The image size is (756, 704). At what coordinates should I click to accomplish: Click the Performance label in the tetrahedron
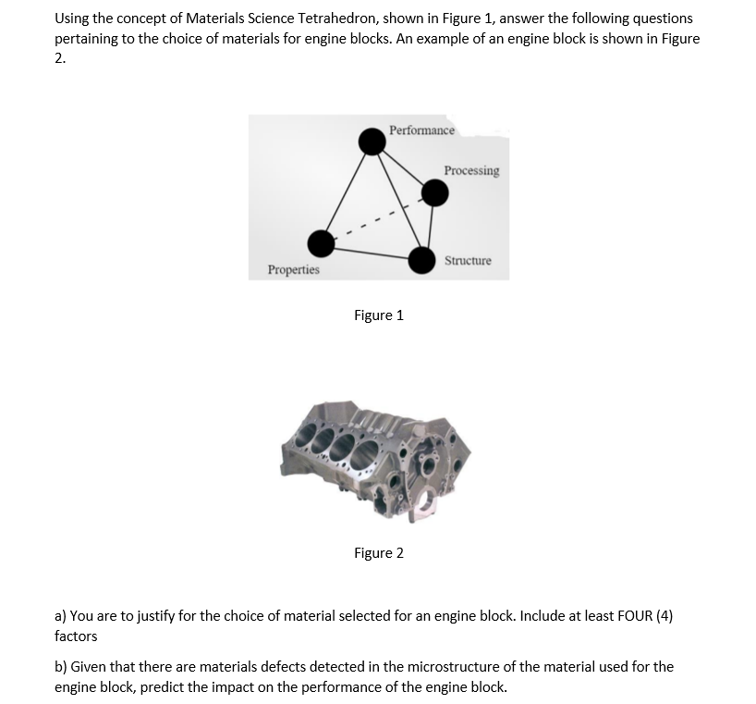(x=421, y=130)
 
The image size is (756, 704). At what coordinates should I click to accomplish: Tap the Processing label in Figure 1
(x=471, y=171)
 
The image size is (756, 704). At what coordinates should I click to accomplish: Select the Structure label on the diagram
(x=468, y=261)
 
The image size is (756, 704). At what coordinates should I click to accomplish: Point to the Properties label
(x=293, y=270)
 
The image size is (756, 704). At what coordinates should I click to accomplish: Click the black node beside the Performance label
(x=372, y=142)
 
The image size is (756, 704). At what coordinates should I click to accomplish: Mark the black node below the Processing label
(x=434, y=191)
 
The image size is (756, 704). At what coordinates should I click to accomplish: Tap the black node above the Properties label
(x=322, y=243)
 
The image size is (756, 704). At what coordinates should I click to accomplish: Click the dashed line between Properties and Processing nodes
(x=378, y=218)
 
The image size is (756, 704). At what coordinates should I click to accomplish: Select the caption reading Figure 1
(x=378, y=315)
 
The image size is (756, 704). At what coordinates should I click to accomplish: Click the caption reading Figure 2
(x=378, y=553)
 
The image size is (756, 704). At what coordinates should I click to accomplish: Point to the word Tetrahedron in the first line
(x=334, y=19)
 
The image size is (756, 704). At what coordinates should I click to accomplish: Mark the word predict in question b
(x=165, y=687)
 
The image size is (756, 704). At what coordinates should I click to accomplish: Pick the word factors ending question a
(x=76, y=636)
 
